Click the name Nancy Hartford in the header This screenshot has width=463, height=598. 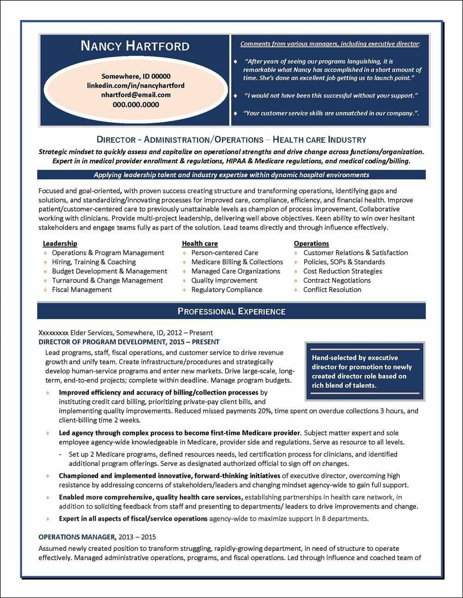pos(135,46)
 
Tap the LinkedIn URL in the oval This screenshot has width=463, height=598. pos(136,86)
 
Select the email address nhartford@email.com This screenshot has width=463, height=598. pos(136,95)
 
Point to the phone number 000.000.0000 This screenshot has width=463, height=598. pos(136,105)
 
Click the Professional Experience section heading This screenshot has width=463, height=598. pos(231,311)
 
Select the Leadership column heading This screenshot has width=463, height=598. pos(60,243)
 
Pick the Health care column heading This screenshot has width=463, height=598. pos(200,243)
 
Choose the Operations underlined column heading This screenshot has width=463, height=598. pos(311,243)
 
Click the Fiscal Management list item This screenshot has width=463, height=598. pos(82,290)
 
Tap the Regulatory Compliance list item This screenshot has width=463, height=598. pos(226,290)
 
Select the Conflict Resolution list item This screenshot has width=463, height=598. pos(332,290)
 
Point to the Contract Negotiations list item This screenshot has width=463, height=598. pos(337,280)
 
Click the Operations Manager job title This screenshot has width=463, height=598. pos(77,537)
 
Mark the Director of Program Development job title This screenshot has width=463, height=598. pos(129,342)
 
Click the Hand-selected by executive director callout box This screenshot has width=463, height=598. pos(364,371)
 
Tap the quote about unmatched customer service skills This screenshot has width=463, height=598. pos(332,113)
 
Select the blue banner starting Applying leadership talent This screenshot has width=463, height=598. pos(231,175)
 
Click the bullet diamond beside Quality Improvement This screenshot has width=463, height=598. pos(185,280)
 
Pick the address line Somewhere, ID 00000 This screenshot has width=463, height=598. pos(136,76)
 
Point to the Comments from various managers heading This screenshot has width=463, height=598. pos(330,44)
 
